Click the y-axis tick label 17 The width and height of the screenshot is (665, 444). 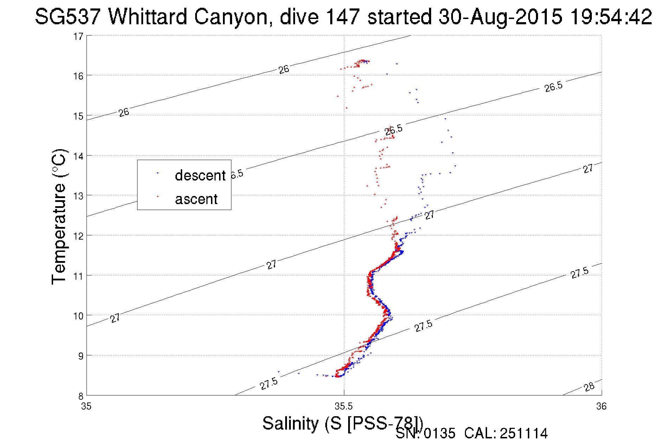(78, 36)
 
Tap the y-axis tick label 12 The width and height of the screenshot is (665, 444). (78, 236)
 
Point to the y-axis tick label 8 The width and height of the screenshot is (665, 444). (81, 395)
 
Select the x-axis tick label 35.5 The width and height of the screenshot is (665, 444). (344, 406)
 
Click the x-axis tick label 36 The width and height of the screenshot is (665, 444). (601, 406)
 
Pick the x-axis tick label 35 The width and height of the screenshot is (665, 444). (86, 406)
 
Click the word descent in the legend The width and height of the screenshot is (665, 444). (200, 175)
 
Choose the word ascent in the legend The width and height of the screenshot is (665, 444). (196, 199)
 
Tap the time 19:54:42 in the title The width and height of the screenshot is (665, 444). (611, 17)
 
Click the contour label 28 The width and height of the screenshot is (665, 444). (589, 387)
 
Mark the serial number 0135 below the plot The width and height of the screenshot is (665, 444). (440, 433)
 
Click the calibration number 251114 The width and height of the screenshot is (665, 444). (524, 433)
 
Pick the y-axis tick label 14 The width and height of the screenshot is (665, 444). (78, 156)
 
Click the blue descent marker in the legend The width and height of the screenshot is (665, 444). (158, 173)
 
